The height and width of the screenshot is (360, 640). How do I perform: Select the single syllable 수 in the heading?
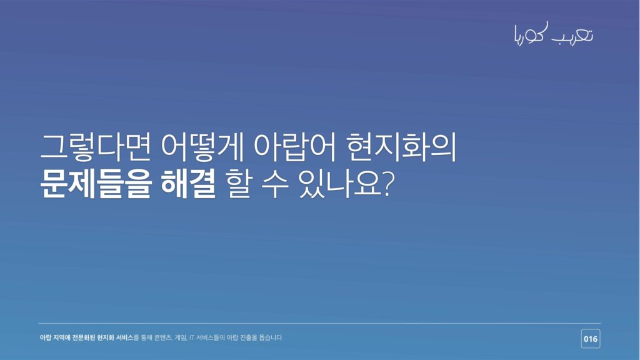point(275,184)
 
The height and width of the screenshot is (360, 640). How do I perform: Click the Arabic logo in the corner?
point(554,34)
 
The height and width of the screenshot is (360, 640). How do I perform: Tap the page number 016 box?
point(591,339)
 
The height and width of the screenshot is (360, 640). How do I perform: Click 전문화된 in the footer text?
point(84,337)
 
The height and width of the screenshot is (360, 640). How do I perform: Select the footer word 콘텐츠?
point(163,337)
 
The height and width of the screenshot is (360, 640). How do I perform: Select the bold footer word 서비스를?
point(127,337)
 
